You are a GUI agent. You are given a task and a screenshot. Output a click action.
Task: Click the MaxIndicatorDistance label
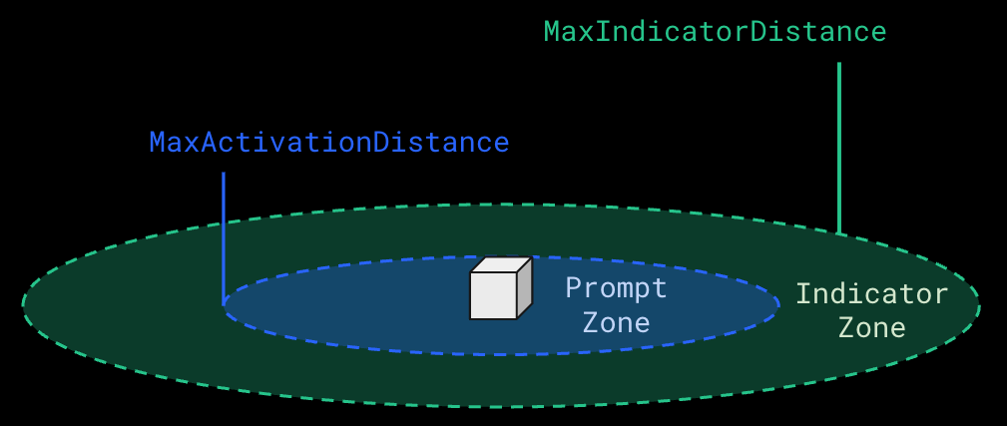pos(715,32)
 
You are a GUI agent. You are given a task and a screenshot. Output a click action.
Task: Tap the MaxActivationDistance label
pos(329,143)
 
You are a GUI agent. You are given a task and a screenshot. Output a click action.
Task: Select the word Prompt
pos(616,288)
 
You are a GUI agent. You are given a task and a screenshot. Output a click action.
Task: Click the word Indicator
pos(871,294)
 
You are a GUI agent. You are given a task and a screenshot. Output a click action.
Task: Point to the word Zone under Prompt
pos(616,323)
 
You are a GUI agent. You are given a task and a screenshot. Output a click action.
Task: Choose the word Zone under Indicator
pos(871,328)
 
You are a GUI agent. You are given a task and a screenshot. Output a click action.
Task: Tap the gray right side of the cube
pos(524,287)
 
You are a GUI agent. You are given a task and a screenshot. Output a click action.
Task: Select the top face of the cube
pos(501,264)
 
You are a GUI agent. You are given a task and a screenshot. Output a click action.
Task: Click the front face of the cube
pos(493,295)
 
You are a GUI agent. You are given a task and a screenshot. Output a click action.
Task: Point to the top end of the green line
pos(839,64)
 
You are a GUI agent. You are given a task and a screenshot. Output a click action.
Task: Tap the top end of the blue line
pos(224,174)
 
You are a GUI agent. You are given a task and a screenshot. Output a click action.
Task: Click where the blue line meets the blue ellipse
pos(224,302)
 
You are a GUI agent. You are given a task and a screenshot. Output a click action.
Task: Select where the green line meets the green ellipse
pos(839,233)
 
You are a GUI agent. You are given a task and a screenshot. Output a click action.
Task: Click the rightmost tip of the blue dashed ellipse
pos(778,305)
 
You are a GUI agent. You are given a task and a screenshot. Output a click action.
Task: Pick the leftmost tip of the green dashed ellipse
pos(23,305)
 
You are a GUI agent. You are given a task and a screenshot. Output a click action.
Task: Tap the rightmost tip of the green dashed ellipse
pos(979,305)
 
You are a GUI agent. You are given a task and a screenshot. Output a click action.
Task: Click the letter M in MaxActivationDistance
pos(157,143)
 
